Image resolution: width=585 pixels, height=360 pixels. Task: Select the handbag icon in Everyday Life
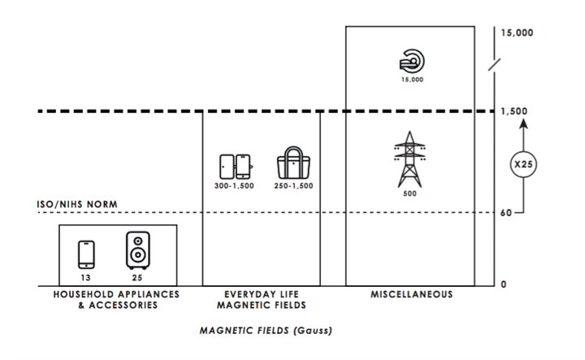(293, 165)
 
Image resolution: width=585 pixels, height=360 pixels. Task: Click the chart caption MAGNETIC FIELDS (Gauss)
(266, 331)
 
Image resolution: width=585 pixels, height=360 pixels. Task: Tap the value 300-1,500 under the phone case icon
(236, 186)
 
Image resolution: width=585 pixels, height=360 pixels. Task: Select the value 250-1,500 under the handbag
(293, 186)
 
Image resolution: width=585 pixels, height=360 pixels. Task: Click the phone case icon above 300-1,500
(236, 166)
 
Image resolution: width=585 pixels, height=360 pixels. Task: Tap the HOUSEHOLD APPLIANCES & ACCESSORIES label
(115, 299)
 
